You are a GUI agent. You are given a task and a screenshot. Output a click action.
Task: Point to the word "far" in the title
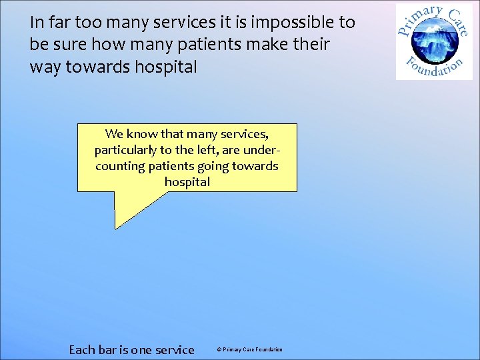(x=59, y=23)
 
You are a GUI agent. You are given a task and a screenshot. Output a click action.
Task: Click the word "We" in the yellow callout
(x=114, y=134)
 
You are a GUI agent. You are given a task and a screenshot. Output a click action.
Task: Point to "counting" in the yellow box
(x=122, y=166)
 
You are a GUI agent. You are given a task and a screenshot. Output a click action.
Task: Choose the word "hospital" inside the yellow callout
(x=187, y=182)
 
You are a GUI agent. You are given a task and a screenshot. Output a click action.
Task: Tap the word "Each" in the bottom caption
(x=83, y=349)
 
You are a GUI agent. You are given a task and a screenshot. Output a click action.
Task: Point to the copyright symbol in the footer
(x=219, y=350)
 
